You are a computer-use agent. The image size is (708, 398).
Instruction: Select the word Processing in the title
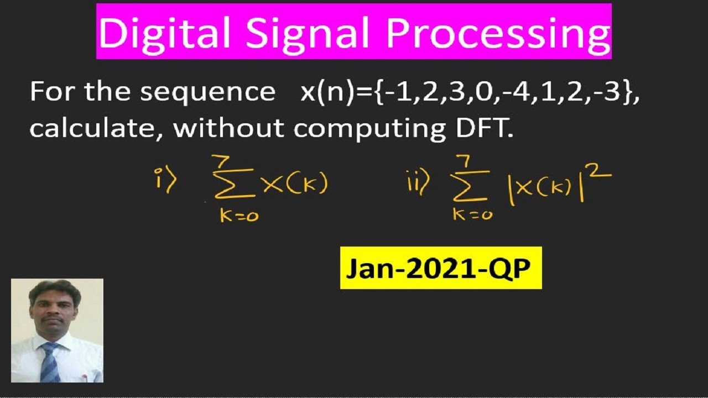[x=498, y=33]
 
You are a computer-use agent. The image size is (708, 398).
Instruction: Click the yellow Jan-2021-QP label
[x=441, y=269]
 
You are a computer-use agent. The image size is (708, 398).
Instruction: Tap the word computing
[x=366, y=129]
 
